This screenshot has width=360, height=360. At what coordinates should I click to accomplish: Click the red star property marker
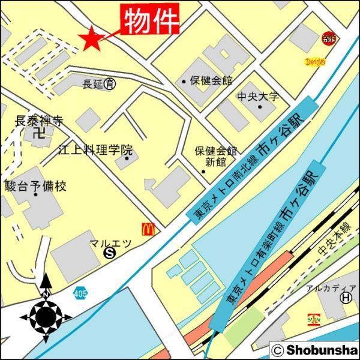(91, 39)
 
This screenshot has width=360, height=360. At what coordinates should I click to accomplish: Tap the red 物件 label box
(151, 20)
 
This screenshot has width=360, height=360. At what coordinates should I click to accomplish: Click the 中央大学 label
(258, 96)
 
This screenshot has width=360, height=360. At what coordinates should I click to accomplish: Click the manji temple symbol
(39, 133)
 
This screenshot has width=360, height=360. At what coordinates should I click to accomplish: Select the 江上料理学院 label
(95, 150)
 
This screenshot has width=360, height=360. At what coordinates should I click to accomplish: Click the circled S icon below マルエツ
(109, 254)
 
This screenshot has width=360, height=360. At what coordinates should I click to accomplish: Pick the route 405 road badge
(80, 293)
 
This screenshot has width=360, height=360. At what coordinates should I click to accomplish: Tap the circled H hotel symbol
(346, 298)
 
